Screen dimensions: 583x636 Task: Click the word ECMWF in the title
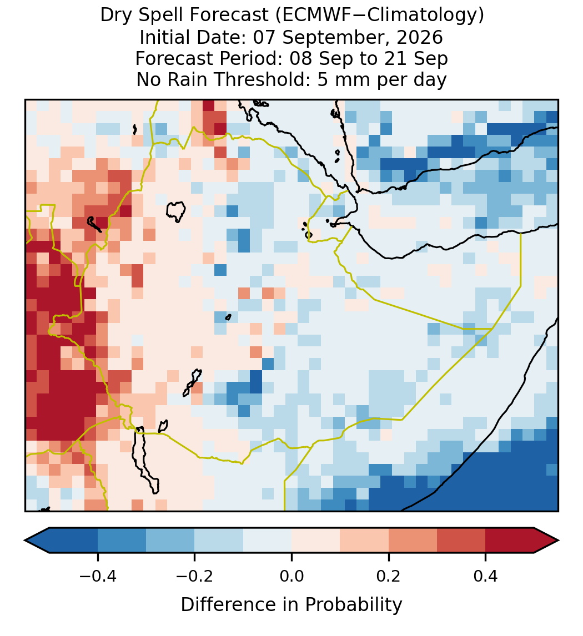pyautogui.click(x=313, y=16)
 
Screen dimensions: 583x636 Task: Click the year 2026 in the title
pyautogui.click(x=420, y=37)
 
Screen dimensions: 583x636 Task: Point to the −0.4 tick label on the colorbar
pyautogui.click(x=98, y=576)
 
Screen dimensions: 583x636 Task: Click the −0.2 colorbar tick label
pyautogui.click(x=195, y=576)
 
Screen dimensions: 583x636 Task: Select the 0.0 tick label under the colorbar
pyautogui.click(x=291, y=576)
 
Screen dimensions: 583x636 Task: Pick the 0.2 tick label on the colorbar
pyautogui.click(x=389, y=576)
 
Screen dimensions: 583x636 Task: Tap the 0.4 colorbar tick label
pyautogui.click(x=486, y=576)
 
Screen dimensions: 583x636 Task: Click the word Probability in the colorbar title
pyautogui.click(x=354, y=605)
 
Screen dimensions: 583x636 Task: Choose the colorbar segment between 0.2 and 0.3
pyautogui.click(x=413, y=541)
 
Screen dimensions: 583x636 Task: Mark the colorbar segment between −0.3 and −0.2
pyautogui.click(x=170, y=541)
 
